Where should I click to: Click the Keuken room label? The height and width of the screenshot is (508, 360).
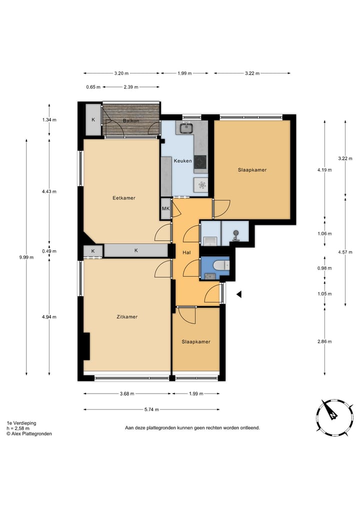[x=182, y=161]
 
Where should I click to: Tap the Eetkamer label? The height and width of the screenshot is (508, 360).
[x=124, y=198]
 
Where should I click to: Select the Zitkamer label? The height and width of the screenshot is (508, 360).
[x=127, y=317]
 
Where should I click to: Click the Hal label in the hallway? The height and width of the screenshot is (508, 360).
[x=186, y=253]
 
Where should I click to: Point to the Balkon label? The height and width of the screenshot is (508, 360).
[x=131, y=121]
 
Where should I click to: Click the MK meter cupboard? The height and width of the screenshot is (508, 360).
[x=165, y=209]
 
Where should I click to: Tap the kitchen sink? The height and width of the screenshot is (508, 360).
[x=186, y=127]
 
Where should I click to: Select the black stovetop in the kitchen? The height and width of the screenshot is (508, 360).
[x=200, y=162]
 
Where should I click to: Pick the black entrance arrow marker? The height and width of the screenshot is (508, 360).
[x=239, y=294]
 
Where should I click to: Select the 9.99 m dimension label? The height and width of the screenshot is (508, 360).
[x=26, y=257]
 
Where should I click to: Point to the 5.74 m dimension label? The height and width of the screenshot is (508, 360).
[x=152, y=410]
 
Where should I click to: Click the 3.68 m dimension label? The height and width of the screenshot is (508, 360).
[x=127, y=394]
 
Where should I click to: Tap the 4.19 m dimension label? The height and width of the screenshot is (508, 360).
[x=324, y=170]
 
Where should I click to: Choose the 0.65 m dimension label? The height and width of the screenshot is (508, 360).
[x=93, y=87]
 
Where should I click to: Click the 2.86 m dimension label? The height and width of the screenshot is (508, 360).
[x=324, y=342]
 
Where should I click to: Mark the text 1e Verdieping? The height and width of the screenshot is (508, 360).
[x=21, y=423]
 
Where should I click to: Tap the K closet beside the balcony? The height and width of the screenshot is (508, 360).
[x=93, y=119]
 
